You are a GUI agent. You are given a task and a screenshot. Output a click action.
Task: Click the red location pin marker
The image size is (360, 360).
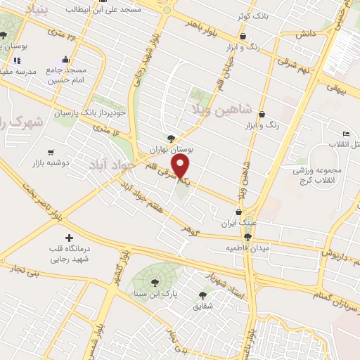182,167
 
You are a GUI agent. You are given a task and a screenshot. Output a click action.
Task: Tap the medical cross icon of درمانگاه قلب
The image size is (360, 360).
68,238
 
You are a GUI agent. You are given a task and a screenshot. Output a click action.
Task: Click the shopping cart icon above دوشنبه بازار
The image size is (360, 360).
51,152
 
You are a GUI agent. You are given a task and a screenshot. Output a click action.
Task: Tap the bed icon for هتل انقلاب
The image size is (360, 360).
345,134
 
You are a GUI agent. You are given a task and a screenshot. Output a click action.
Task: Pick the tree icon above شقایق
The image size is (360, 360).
204,295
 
